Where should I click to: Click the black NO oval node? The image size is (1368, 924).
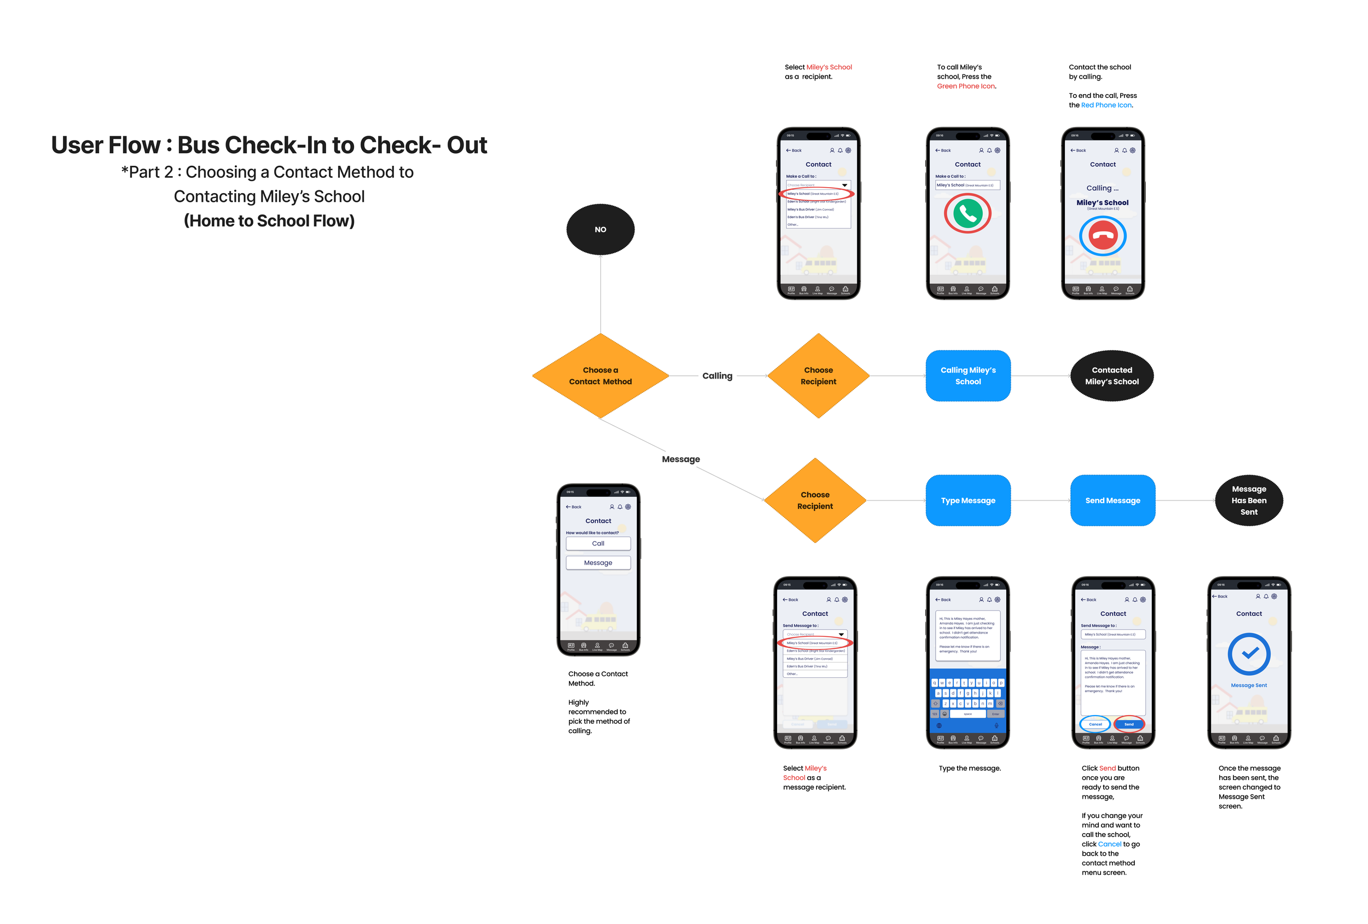600,230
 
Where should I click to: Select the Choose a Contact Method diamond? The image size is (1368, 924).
600,375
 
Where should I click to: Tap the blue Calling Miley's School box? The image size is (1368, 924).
968,375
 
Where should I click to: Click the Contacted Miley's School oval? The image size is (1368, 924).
1111,375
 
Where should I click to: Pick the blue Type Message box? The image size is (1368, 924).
968,500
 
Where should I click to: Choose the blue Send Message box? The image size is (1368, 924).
1112,500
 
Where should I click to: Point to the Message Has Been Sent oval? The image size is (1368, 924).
1249,500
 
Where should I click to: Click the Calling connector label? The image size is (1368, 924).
717,375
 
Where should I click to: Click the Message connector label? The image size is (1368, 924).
681,459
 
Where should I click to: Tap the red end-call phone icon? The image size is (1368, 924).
1103,236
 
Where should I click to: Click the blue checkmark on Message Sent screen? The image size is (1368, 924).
1249,653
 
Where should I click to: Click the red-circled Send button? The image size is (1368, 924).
1128,724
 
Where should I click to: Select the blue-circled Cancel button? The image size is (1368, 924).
1095,724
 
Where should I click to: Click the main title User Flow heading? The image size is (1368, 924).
269,145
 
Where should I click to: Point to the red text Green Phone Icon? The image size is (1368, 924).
966,86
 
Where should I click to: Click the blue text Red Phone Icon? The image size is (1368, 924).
1106,104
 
